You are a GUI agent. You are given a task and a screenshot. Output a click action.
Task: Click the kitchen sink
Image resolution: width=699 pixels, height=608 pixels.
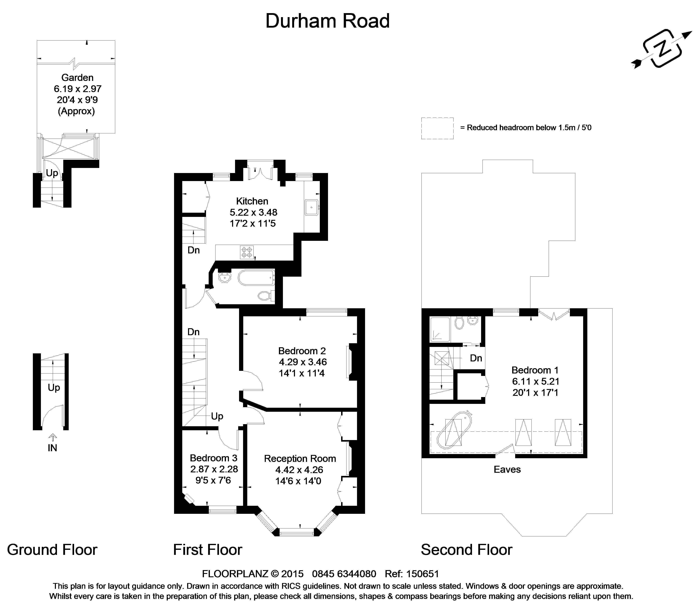click(311, 207)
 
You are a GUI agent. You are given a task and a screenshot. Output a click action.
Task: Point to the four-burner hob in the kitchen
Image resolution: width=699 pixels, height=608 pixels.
click(247, 252)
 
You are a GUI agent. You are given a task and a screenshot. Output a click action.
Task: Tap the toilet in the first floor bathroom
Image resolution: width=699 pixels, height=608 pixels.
click(265, 296)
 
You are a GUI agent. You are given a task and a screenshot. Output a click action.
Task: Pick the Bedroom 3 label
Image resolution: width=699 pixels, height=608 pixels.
click(213, 458)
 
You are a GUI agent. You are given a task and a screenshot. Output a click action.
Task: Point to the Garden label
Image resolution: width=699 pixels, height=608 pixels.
click(77, 78)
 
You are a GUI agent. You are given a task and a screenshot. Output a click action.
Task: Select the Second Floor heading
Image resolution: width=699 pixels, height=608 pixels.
click(466, 550)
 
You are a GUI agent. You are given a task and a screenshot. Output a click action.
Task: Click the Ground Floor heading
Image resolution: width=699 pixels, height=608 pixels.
click(52, 550)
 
